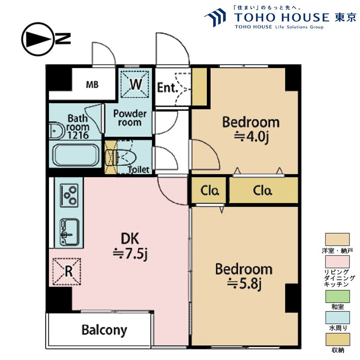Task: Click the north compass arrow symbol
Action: click(38, 39)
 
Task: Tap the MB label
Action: click(92, 84)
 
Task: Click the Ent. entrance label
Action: click(168, 87)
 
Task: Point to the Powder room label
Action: click(130, 118)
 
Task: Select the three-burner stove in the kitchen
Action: click(69, 196)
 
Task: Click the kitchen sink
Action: click(70, 232)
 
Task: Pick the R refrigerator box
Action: click(67, 272)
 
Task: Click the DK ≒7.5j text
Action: click(130, 246)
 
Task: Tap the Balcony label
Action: click(104, 330)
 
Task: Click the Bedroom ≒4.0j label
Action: click(251, 130)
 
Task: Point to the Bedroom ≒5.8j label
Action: click(244, 276)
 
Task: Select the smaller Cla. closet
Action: click(209, 191)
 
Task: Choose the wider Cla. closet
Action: click(264, 191)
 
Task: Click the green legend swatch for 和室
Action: click(337, 297)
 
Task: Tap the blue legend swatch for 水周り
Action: click(337, 318)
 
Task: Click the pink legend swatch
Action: click(337, 262)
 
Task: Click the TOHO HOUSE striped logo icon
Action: click(216, 17)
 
